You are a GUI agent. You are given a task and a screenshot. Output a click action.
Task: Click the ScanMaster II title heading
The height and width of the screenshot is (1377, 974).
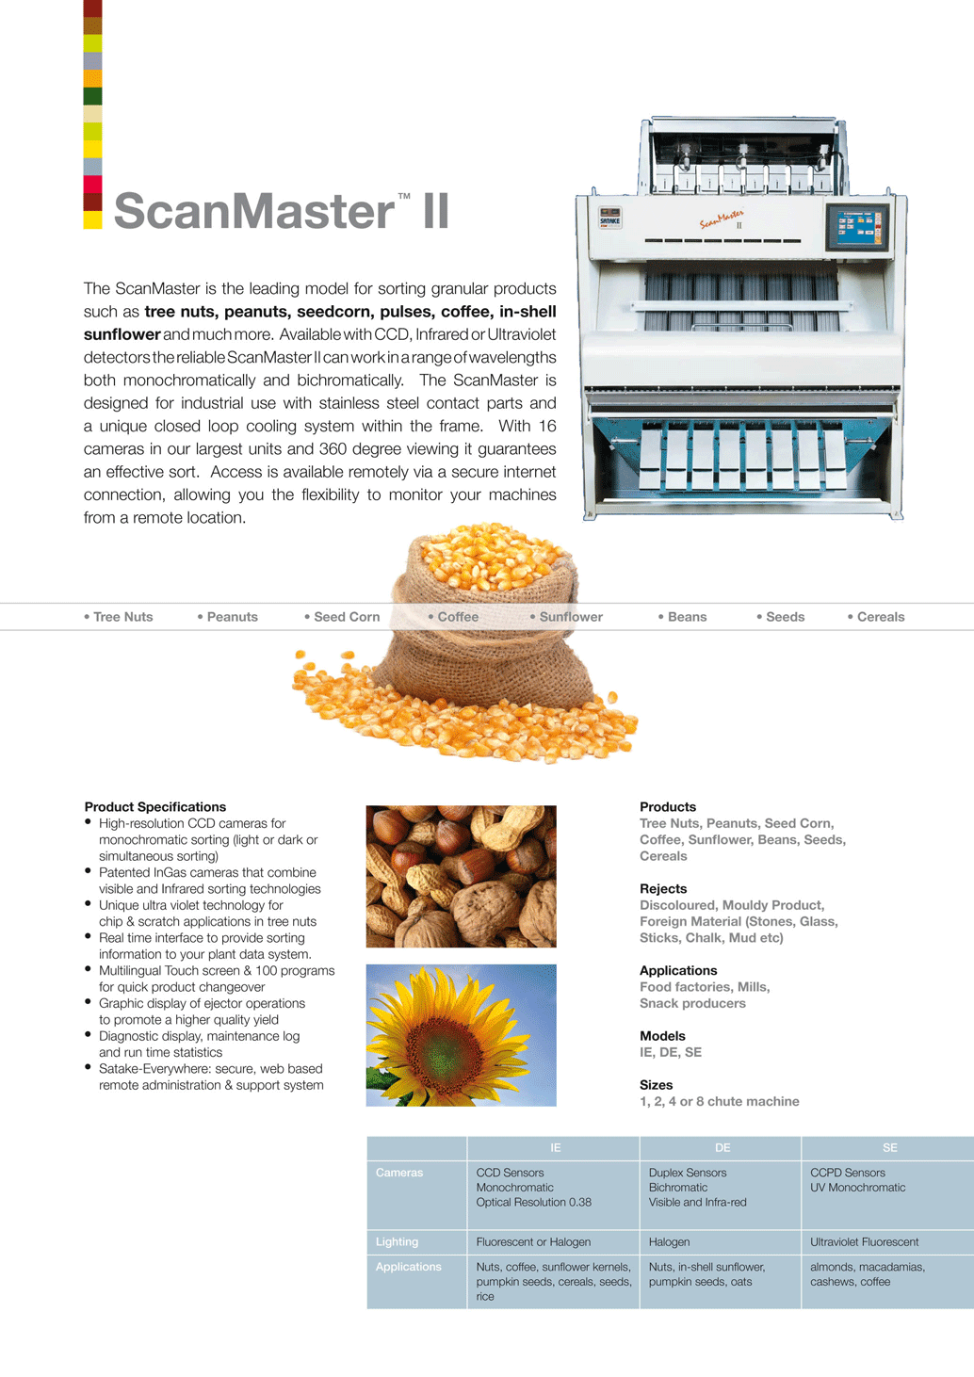pos(281,211)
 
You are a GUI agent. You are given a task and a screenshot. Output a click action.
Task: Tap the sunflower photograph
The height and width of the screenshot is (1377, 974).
pos(461,1034)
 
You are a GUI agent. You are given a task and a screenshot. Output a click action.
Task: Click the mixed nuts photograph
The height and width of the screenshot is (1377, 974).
pos(461,876)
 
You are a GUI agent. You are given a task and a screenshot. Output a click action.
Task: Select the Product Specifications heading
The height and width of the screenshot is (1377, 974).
pos(155,807)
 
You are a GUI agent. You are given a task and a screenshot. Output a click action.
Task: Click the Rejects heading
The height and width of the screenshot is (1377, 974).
pos(663,888)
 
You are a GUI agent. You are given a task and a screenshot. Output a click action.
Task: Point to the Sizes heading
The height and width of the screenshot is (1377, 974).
pos(656,1085)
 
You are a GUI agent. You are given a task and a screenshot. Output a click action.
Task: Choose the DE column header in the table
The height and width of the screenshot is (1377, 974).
pos(722,1148)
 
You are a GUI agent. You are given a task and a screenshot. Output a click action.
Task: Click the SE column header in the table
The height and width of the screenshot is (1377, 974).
pos(889,1148)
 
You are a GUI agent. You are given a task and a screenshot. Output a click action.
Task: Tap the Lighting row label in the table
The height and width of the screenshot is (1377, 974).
pos(397,1242)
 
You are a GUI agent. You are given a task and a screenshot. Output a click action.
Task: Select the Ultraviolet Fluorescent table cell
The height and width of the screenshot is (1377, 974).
pos(864,1242)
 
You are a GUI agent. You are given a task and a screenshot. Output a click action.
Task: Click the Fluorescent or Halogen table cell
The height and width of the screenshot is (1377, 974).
pos(533,1242)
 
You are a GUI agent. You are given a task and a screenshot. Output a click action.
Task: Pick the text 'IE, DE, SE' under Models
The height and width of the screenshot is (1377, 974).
pos(671,1052)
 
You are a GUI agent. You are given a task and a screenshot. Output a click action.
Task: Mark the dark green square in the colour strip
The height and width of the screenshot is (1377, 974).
pos(92,96)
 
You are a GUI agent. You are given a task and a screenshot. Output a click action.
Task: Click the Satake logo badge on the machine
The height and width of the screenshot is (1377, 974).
pos(610,218)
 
